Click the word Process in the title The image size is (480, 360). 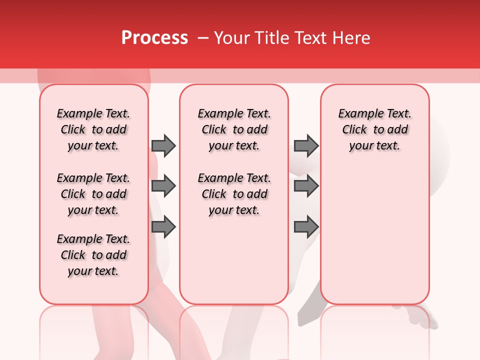[154, 38]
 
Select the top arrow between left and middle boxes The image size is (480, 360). [163, 145]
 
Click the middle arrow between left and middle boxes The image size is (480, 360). [163, 186]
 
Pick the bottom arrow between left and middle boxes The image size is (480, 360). [163, 227]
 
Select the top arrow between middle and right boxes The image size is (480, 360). [306, 145]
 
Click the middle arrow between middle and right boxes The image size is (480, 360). [306, 186]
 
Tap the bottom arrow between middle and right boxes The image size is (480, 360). [306, 227]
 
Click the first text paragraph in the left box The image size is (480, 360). [93, 129]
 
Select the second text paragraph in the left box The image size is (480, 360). [93, 194]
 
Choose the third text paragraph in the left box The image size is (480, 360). [93, 255]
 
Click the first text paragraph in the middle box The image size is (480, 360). [234, 129]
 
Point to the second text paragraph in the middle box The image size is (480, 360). [234, 194]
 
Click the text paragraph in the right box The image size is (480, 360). [375, 129]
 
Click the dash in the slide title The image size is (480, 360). [203, 38]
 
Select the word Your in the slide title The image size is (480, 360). [231, 38]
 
